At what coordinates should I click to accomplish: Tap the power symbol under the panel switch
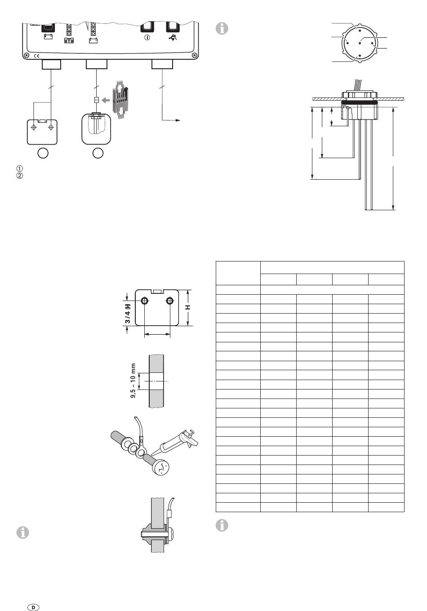pyautogui.click(x=147, y=38)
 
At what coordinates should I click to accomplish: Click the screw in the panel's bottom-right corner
pyautogui.click(x=194, y=55)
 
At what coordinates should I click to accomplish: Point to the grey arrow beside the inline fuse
pyautogui.click(x=105, y=100)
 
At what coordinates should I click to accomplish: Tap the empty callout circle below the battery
pyautogui.click(x=42, y=153)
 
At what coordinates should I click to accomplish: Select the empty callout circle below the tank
pyautogui.click(x=98, y=153)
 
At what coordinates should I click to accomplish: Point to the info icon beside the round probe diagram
pyautogui.click(x=222, y=28)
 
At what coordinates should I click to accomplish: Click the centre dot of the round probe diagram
pyautogui.click(x=360, y=43)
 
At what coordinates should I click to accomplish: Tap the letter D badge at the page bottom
pyautogui.click(x=33, y=607)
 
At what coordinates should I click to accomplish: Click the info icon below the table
pyautogui.click(x=222, y=525)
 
